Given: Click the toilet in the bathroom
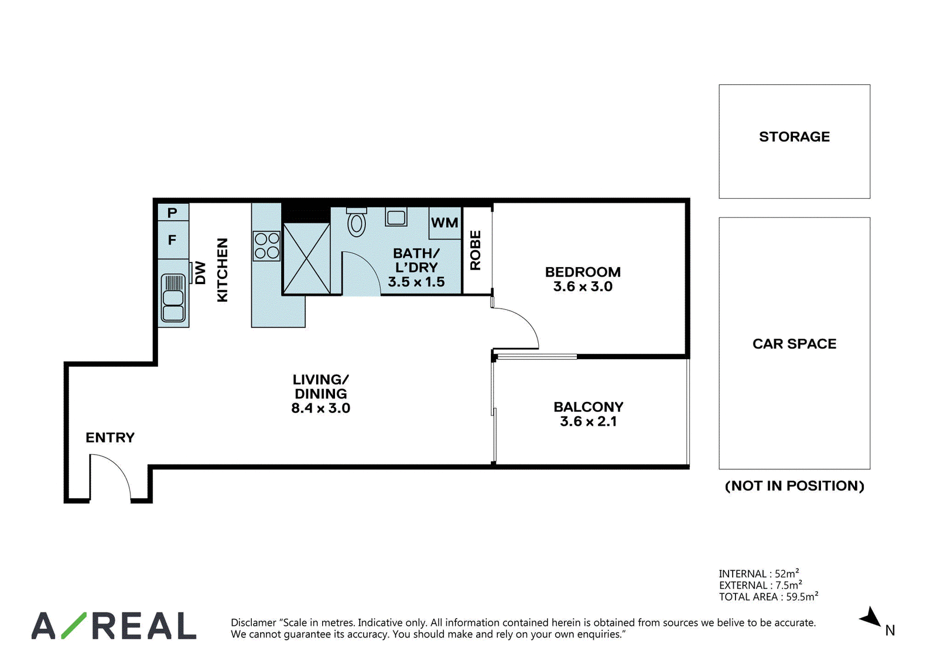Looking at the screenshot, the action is tap(357, 222).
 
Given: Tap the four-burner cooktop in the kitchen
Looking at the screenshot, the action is tap(267, 246).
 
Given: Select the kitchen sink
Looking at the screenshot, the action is tap(173, 298).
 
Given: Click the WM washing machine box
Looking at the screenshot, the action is tap(445, 223).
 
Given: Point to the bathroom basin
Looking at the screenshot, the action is tap(396, 217).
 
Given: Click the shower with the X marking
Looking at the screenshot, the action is tap(307, 258).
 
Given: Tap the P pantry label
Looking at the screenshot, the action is tap(172, 213).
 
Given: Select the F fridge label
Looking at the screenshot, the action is tap(172, 240).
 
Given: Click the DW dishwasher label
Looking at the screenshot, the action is tap(200, 273).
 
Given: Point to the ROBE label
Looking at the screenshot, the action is tap(476, 250).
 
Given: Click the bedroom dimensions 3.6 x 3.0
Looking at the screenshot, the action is tap(583, 287).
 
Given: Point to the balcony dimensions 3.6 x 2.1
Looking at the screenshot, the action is tap(588, 421).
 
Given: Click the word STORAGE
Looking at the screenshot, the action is tap(794, 137).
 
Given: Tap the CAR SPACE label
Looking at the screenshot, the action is tap(794, 344).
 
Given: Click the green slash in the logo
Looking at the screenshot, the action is tap(74, 625).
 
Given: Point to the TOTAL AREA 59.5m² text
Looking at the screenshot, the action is tap(768, 596).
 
